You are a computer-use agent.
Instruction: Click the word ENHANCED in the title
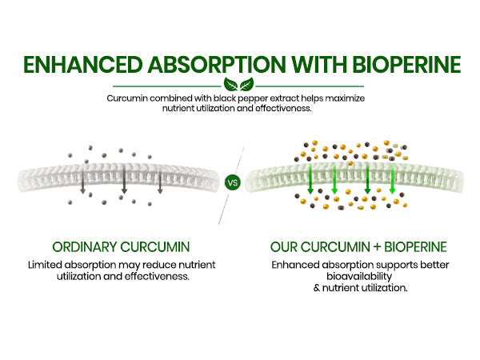click(x=83, y=65)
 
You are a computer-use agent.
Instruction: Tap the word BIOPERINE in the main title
click(x=406, y=65)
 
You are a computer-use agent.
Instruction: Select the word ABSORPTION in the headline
click(x=217, y=65)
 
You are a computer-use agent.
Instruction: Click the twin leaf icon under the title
click(x=238, y=84)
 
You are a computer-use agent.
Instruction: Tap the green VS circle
click(x=233, y=182)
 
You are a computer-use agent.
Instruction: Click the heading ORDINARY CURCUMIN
click(x=121, y=247)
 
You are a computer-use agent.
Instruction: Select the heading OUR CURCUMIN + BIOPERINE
click(x=358, y=247)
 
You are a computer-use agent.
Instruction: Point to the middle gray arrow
click(x=124, y=179)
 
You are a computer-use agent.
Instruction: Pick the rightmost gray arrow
click(x=160, y=182)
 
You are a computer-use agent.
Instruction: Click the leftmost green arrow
click(x=310, y=179)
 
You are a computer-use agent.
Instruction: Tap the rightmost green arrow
click(x=392, y=179)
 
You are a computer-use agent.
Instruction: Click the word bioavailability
click(x=359, y=277)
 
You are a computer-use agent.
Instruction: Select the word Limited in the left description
click(x=45, y=265)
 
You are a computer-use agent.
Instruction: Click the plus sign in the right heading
click(x=377, y=247)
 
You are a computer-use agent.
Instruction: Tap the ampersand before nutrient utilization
click(x=317, y=288)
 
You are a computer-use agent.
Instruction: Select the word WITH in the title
click(x=319, y=65)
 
